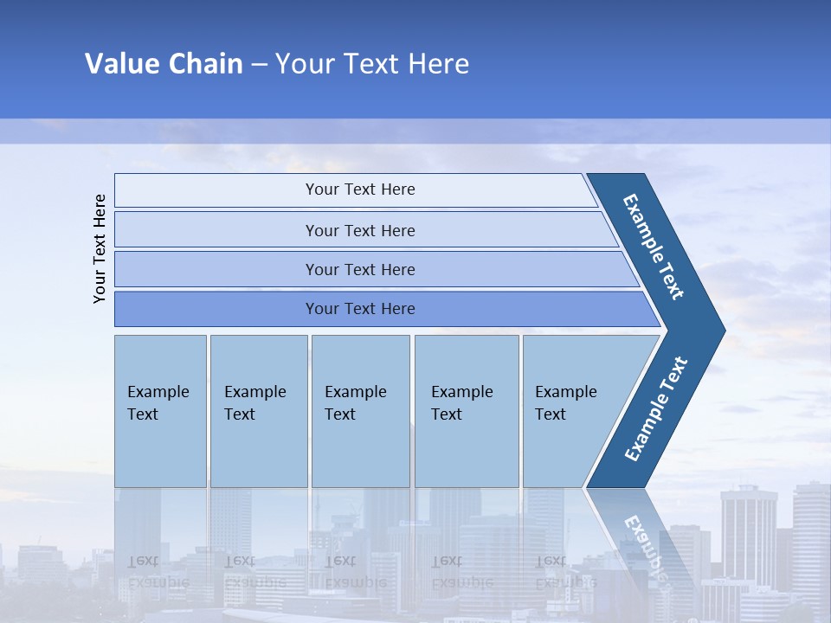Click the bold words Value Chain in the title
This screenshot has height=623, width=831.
pos(164,64)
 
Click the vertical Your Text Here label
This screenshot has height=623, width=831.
pos(100,249)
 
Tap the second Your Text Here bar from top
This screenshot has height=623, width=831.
pos(360,230)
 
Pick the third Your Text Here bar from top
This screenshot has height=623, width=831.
pos(360,270)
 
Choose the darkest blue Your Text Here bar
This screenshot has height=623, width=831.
pos(360,309)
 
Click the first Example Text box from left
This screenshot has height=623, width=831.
pos(160,410)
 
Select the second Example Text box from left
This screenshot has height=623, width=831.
pos(258,410)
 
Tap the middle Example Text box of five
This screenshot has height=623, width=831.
pos(360,410)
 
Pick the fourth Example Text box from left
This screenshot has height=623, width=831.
pos(466,410)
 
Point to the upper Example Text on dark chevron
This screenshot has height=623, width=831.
pos(654,247)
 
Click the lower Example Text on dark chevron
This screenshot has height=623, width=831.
pos(656,409)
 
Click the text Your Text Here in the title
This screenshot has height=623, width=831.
pos(372,64)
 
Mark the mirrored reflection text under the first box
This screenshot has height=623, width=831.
pos(158,571)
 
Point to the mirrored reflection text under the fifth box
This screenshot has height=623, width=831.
pos(565,571)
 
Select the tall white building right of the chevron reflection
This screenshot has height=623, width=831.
pos(748,536)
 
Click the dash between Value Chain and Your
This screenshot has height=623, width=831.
pos(259,65)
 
